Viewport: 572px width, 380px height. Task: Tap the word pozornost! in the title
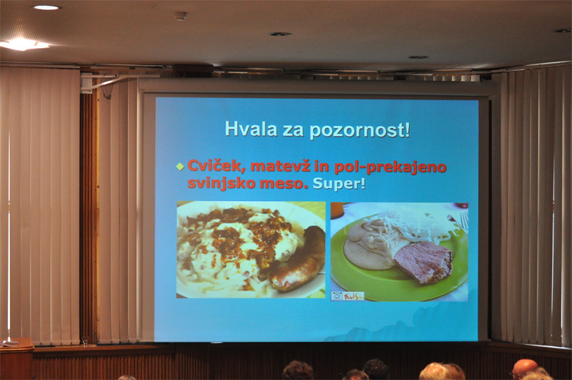pyautogui.click(x=360, y=131)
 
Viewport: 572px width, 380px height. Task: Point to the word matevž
pyautogui.click(x=280, y=167)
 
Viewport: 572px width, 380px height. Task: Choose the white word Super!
pyautogui.click(x=339, y=183)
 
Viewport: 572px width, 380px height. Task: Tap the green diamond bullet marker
pyautogui.click(x=180, y=167)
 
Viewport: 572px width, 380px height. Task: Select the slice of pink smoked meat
pyautogui.click(x=423, y=261)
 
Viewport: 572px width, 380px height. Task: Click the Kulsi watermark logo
pyautogui.click(x=347, y=296)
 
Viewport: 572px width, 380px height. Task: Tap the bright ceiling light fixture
pyautogui.click(x=23, y=44)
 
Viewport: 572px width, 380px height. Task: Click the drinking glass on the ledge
pyautogui.click(x=85, y=341)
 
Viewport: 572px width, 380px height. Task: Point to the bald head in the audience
pyautogui.click(x=524, y=369)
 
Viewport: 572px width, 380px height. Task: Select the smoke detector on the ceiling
pyautogui.click(x=181, y=16)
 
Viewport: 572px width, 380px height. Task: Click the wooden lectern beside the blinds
pyautogui.click(x=16, y=359)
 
